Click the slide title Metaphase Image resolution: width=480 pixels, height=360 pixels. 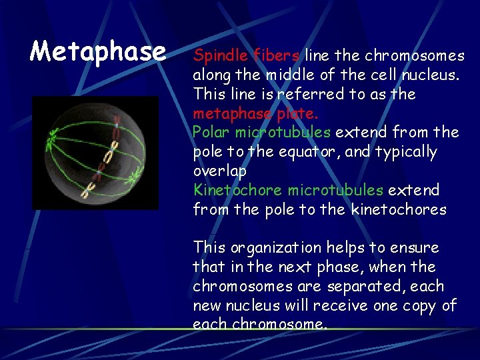click(98, 51)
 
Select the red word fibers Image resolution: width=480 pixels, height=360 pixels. click(275, 55)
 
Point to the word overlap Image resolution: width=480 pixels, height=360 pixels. click(219, 171)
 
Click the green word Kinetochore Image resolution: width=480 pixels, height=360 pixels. click(237, 190)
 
